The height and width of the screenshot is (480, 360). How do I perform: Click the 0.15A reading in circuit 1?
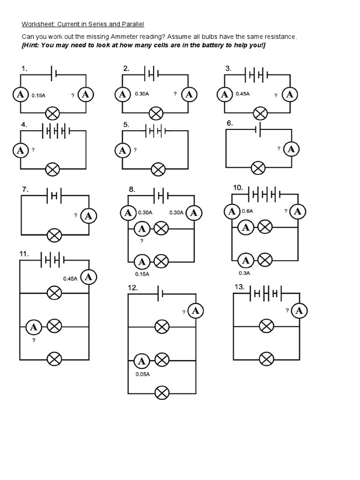pyautogui.click(x=38, y=95)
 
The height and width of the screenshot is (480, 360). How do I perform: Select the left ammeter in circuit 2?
pyautogui.click(x=122, y=94)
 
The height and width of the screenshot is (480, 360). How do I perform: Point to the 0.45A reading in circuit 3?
pyautogui.click(x=242, y=94)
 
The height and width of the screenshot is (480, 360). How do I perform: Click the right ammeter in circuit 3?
pyautogui.click(x=290, y=95)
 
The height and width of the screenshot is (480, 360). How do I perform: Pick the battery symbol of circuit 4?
pyautogui.click(x=56, y=131)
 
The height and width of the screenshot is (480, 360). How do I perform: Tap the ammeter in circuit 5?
pyautogui.click(x=122, y=150)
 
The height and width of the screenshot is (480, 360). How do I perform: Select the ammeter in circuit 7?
pyautogui.click(x=89, y=216)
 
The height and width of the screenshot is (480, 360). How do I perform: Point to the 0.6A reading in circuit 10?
pyautogui.click(x=247, y=211)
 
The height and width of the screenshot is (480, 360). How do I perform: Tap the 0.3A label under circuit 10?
pyautogui.click(x=244, y=272)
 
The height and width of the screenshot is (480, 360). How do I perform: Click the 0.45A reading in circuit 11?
pyautogui.click(x=70, y=278)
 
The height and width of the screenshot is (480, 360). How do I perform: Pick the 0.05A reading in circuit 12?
pyautogui.click(x=142, y=374)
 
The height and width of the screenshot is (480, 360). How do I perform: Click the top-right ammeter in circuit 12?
pyautogui.click(x=196, y=310)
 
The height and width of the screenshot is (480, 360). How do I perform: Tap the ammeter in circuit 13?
pyautogui.click(x=299, y=310)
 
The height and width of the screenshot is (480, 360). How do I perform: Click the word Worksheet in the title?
pyautogui.click(x=37, y=24)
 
